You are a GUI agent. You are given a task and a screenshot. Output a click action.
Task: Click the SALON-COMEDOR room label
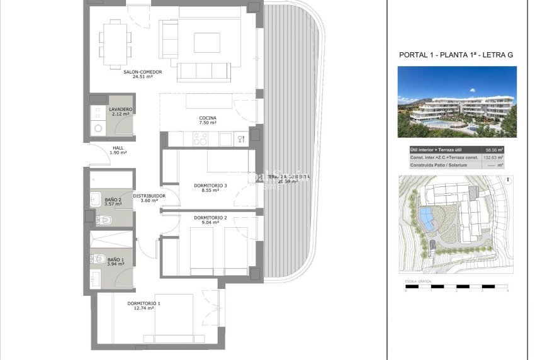point(143,72)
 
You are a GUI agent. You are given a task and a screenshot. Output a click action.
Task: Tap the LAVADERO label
point(120,109)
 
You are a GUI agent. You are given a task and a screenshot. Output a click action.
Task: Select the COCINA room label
point(208,118)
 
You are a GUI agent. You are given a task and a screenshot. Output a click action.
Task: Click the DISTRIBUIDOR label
point(149,196)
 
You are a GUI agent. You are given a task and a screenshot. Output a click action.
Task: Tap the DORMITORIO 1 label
point(144,304)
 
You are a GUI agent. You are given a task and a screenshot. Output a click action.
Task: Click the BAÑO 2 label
point(113,200)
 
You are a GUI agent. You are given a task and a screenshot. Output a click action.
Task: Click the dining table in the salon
point(115,43)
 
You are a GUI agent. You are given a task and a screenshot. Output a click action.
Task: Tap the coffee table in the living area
point(207,42)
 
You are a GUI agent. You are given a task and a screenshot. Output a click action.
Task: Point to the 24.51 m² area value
point(143,77)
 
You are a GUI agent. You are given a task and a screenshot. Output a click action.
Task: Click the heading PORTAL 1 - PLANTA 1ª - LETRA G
point(456,55)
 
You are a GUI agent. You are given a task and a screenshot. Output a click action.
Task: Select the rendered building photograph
point(457,102)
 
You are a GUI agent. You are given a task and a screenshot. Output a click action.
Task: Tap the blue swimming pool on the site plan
point(427,218)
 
